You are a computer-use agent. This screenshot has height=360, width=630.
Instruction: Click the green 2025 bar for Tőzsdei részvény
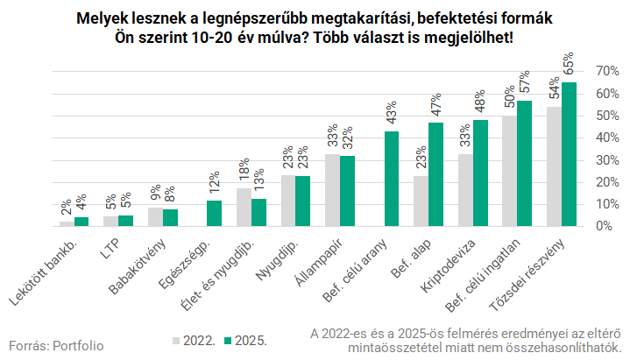click(x=569, y=154)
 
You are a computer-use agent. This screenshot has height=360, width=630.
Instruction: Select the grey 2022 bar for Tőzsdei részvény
click(x=554, y=166)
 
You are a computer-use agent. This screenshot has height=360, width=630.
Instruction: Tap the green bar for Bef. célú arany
click(x=392, y=179)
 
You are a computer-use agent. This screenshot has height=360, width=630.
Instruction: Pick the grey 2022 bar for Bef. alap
click(x=421, y=201)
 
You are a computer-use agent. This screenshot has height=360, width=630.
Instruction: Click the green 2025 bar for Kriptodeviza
click(x=480, y=173)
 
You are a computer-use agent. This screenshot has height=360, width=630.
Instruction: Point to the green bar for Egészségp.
click(x=214, y=213)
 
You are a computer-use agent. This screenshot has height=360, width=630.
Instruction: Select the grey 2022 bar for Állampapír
click(x=332, y=189)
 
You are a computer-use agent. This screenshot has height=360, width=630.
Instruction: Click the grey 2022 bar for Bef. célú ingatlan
click(x=509, y=171)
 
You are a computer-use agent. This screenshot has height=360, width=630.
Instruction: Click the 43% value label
click(x=392, y=115)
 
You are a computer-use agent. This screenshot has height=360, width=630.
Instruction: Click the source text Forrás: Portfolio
click(x=56, y=345)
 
